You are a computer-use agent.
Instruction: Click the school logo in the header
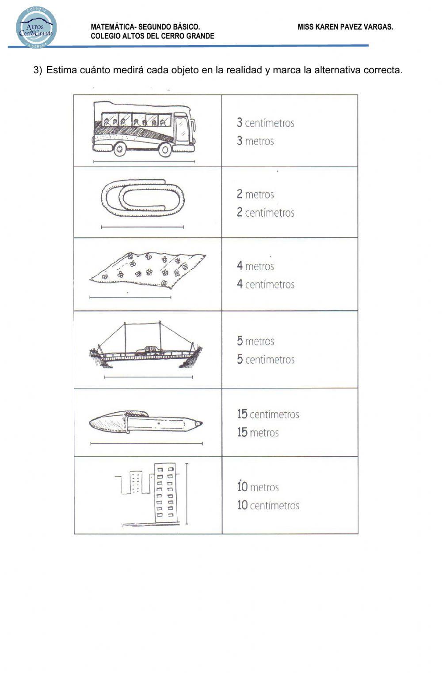tap(36, 27)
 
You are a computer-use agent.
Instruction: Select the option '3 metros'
tap(255, 141)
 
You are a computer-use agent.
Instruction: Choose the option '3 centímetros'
tap(265, 123)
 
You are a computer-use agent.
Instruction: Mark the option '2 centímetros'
tap(265, 213)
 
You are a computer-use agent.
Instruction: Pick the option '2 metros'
tap(255, 194)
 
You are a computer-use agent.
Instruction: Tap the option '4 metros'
tap(255, 266)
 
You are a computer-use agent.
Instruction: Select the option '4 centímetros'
tap(265, 284)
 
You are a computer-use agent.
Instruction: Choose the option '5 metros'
tap(255, 341)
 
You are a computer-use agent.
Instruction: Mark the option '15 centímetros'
tap(268, 414)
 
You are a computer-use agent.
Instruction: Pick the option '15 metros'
tap(258, 432)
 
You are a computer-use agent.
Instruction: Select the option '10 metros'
tap(258, 487)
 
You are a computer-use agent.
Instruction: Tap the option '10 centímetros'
tap(268, 505)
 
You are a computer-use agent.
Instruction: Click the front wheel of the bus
tap(165, 150)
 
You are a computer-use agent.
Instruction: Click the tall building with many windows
tap(164, 493)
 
